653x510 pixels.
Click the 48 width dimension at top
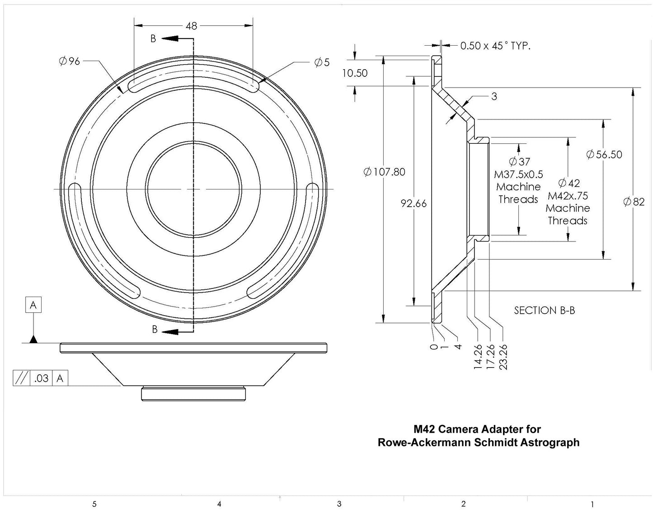click(x=192, y=26)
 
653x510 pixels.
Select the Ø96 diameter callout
click(x=69, y=61)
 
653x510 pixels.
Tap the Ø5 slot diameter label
click(x=322, y=62)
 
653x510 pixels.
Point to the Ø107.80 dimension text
click(x=384, y=172)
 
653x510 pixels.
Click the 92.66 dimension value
click(x=413, y=204)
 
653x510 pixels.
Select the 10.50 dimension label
click(x=355, y=73)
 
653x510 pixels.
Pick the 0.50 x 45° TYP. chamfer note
click(x=495, y=46)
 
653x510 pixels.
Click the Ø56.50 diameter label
click(x=604, y=155)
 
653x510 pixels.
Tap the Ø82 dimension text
click(x=634, y=202)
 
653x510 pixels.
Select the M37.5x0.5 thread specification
click(x=518, y=175)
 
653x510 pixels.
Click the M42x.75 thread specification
click(x=568, y=196)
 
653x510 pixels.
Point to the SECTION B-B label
click(x=544, y=311)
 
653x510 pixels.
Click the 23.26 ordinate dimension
click(x=503, y=357)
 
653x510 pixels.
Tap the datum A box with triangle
click(x=33, y=306)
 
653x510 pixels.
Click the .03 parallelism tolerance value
click(x=41, y=378)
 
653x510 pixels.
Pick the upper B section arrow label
click(x=153, y=39)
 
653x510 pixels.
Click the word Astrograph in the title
click(x=549, y=442)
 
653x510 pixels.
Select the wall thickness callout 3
click(x=494, y=96)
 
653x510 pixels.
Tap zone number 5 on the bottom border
click(x=94, y=504)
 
